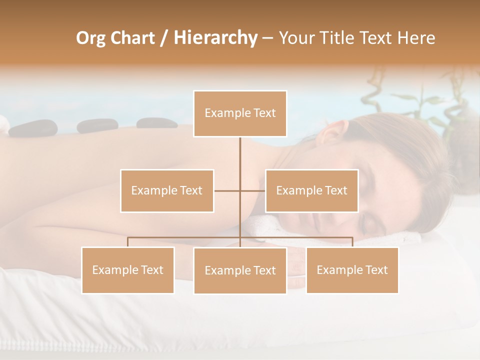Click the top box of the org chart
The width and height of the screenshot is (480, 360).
pyautogui.click(x=240, y=113)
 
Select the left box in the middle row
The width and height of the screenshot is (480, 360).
pyautogui.click(x=167, y=190)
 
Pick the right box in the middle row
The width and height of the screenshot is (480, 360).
pyautogui.click(x=311, y=190)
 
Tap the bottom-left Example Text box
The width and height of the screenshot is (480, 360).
pyautogui.click(x=127, y=270)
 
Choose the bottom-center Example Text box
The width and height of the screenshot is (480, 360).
pyautogui.click(x=240, y=270)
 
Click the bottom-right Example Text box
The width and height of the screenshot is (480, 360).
pyautogui.click(x=352, y=270)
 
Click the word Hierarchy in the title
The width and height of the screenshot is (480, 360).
pyautogui.click(x=215, y=38)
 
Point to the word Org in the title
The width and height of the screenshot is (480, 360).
pyautogui.click(x=90, y=38)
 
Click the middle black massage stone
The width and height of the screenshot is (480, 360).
pyautogui.click(x=90, y=126)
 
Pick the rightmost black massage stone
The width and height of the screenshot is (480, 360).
pyautogui.click(x=154, y=123)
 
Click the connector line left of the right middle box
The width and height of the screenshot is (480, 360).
pyautogui.click(x=253, y=190)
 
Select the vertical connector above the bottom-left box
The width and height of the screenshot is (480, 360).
pyautogui.click(x=127, y=242)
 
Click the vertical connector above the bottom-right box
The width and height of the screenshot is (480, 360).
pyautogui.click(x=352, y=242)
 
